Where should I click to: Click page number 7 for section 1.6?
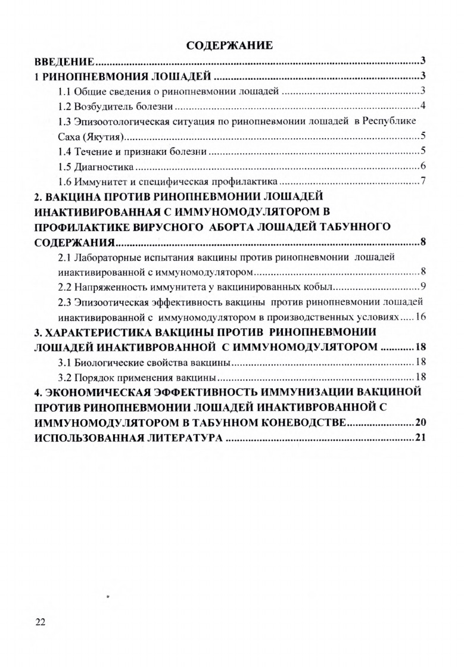(422, 181)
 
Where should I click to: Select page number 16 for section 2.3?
(421, 315)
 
